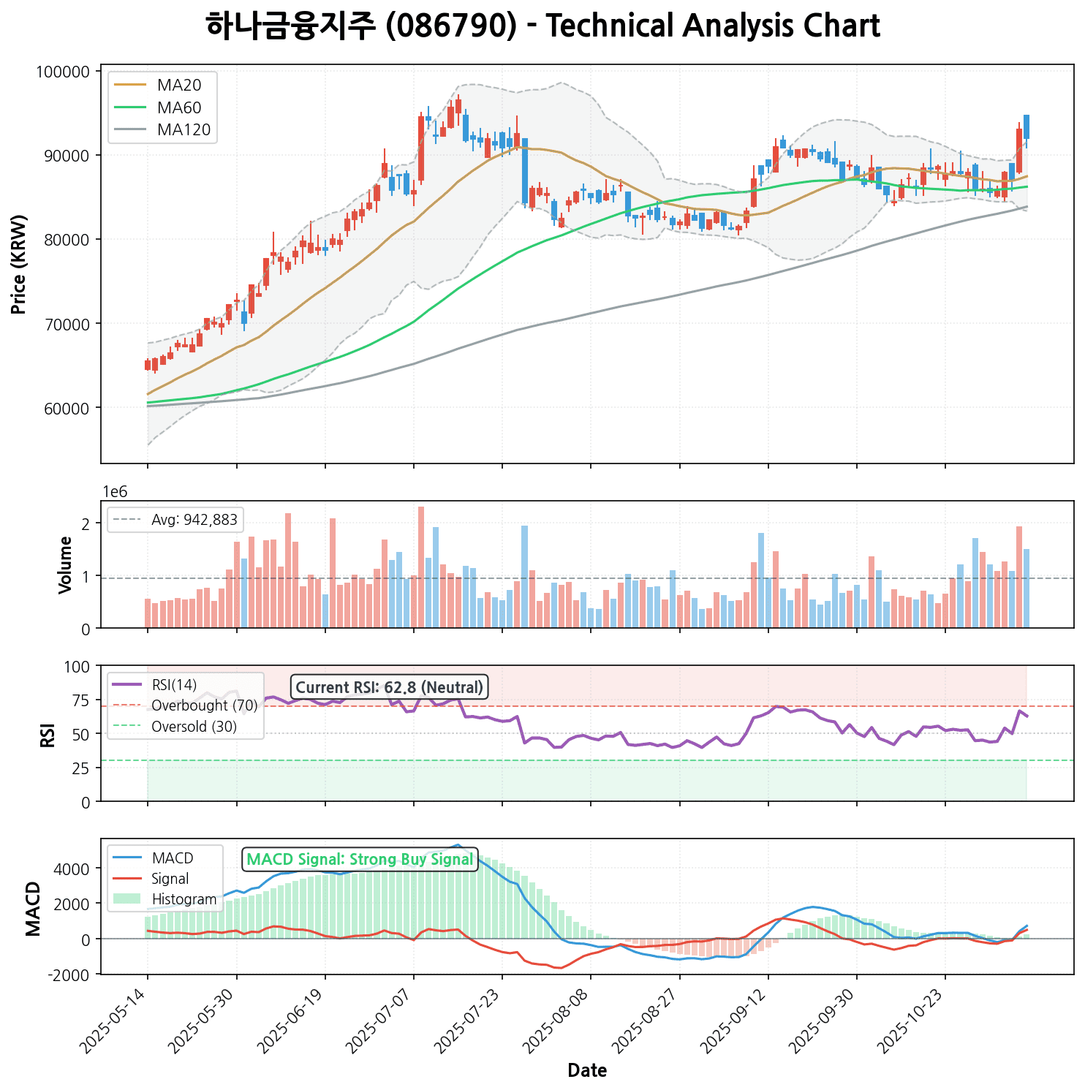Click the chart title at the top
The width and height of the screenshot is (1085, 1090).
click(542, 26)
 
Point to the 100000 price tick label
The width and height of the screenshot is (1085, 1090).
click(62, 72)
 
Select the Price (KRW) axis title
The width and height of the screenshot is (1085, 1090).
click(20, 264)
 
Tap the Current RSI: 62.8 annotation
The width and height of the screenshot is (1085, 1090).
click(389, 687)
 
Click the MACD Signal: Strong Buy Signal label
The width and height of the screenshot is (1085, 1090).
click(360, 860)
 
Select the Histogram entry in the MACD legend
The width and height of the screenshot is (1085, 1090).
click(184, 899)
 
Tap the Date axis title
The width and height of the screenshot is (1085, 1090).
click(587, 1071)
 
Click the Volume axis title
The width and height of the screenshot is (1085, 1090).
click(66, 564)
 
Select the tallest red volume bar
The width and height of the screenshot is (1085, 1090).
click(421, 567)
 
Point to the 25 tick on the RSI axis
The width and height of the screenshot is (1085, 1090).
click(83, 768)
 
